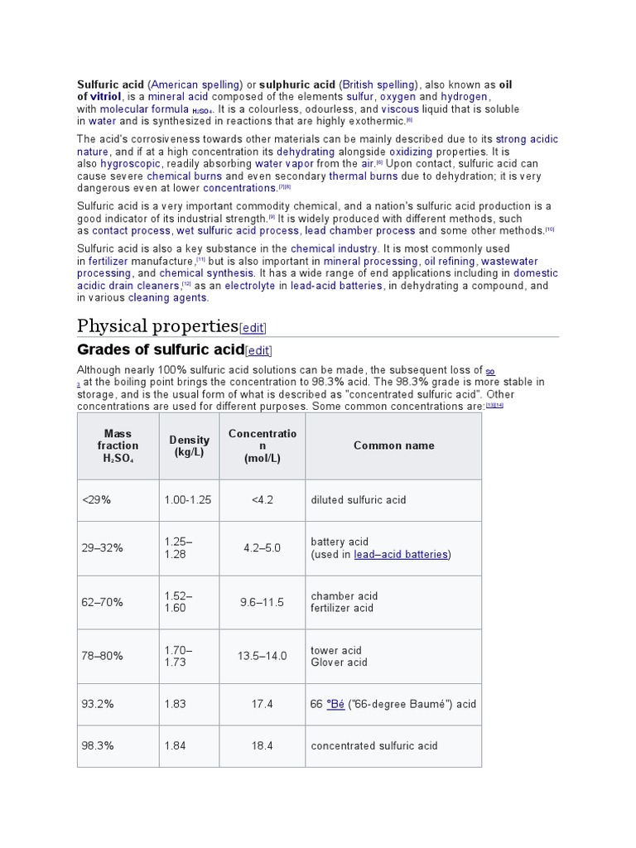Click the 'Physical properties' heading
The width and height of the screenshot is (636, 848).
coord(157,325)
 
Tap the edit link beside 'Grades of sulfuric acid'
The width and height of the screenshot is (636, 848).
coord(258,350)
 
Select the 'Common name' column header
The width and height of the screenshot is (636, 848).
coord(393,446)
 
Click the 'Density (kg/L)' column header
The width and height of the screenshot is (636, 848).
coord(190,446)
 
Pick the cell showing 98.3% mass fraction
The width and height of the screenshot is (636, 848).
coord(98,745)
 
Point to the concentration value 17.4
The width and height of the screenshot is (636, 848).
coord(262,704)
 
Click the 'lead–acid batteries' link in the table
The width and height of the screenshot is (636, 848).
coord(401,555)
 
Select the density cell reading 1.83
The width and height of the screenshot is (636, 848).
coord(175,704)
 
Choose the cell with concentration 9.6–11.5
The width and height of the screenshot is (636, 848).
coord(262,602)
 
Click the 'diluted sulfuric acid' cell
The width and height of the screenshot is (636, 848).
coord(359,500)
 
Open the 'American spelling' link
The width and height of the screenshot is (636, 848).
coord(195,84)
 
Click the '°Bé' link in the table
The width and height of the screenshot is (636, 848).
coord(335,704)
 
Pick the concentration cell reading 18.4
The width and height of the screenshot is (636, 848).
coord(262,745)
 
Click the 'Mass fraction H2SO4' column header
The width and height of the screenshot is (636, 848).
coord(118,446)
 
